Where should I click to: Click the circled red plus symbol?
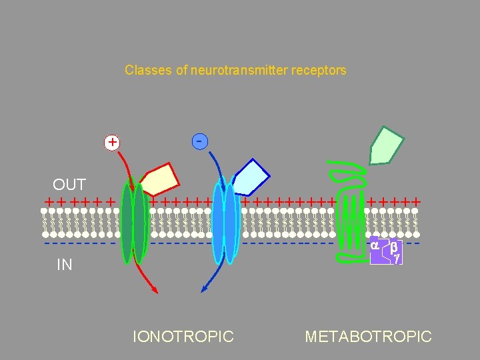tap(112, 142)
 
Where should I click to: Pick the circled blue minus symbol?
tap(199, 141)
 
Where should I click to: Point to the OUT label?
tap(69, 185)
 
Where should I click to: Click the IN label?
tap(65, 265)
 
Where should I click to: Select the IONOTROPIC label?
tap(183, 337)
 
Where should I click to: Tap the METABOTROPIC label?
tap(368, 337)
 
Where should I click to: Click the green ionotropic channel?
tap(137, 220)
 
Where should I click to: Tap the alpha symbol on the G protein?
tap(375, 245)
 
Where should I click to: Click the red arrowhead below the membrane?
tap(154, 289)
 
